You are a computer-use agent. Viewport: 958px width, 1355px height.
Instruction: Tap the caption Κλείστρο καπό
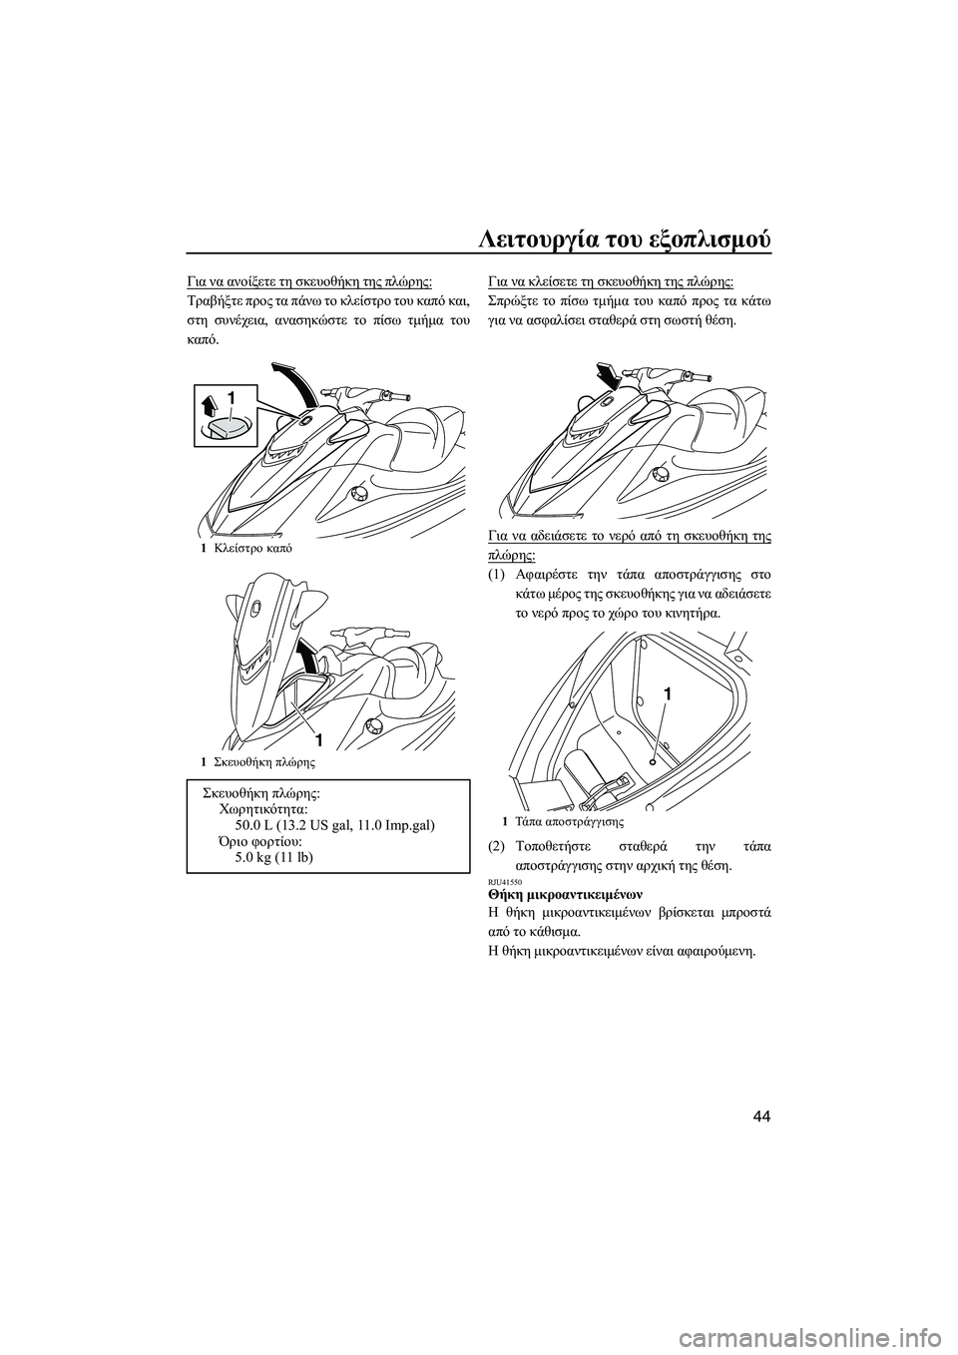point(244,549)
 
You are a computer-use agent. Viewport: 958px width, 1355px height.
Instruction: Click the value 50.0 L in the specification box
point(261,826)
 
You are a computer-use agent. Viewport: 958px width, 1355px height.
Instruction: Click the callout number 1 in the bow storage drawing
point(319,739)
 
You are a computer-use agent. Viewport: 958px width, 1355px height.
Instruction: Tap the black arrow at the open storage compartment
point(310,659)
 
